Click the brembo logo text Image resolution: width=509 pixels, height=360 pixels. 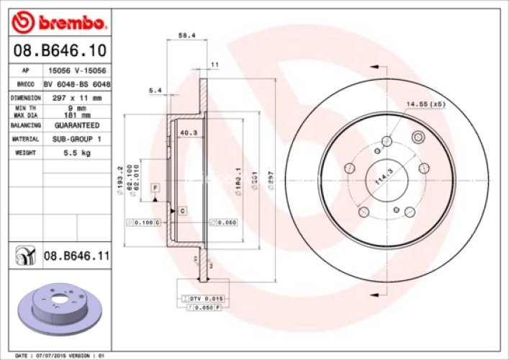click(x=69, y=23)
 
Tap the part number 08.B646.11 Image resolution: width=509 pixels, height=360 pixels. click(x=76, y=255)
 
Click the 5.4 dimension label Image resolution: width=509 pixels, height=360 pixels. click(x=154, y=91)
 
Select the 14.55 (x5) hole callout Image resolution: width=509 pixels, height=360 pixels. click(x=425, y=104)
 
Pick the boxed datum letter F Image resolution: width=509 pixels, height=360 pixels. click(x=154, y=187)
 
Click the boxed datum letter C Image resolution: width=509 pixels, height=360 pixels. click(x=183, y=210)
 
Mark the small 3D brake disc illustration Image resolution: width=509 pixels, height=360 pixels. click(x=60, y=307)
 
